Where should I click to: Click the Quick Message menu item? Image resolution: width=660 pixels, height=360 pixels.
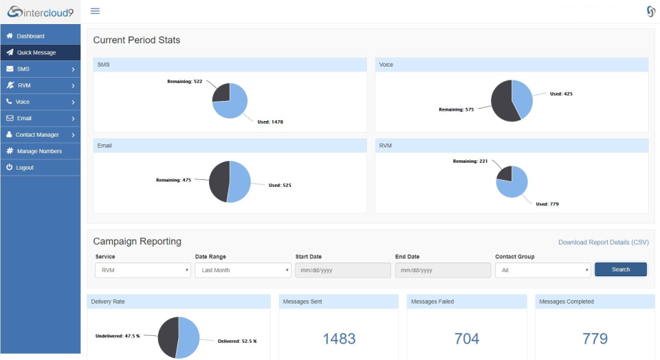(36, 52)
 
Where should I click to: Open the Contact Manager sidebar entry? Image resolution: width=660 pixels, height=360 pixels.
(37, 135)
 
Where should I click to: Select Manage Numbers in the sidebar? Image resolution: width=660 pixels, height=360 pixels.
(39, 151)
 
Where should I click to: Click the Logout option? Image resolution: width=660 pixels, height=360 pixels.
(25, 168)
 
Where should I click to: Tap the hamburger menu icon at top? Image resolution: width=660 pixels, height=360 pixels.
(95, 11)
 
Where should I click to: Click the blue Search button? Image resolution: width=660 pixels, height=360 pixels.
(620, 269)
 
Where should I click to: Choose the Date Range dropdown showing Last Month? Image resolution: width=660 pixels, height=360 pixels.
(243, 271)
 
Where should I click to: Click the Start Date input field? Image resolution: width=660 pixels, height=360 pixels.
(342, 271)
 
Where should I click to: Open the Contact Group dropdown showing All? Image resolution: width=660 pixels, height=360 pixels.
(542, 271)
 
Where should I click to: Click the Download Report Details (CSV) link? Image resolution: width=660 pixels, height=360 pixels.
(603, 243)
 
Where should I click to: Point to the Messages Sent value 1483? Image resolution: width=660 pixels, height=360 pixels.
(339, 339)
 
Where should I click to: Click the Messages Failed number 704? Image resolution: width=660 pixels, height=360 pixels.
(467, 339)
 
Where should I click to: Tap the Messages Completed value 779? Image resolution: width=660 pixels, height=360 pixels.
(595, 339)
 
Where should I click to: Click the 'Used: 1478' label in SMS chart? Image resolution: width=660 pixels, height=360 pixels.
(269, 122)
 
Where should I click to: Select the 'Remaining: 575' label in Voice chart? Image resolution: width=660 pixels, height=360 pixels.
(456, 109)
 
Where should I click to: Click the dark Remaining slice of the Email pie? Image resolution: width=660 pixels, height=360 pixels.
(219, 181)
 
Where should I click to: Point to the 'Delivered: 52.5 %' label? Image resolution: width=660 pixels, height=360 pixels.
(236, 341)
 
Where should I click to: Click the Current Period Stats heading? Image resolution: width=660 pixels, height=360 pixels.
(136, 41)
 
